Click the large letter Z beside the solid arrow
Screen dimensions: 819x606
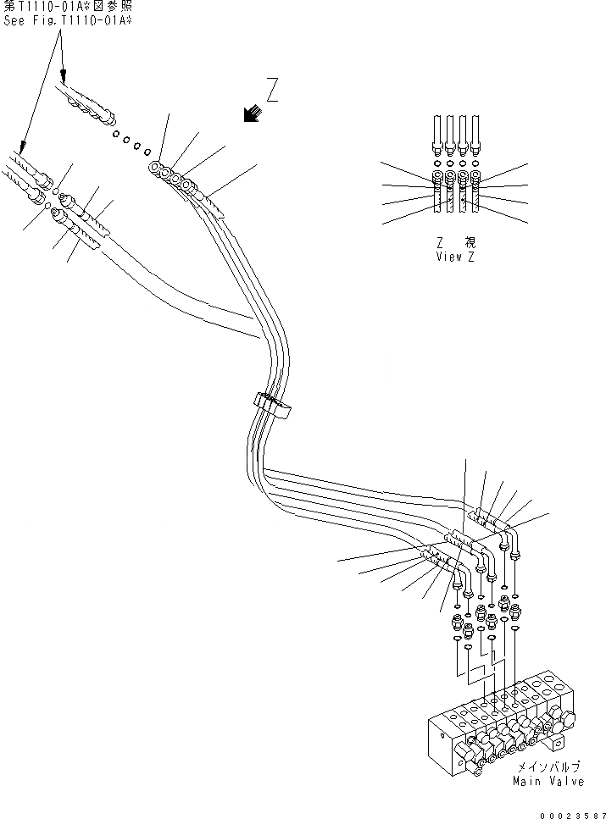pos(271,90)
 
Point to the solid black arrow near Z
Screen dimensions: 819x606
pos(251,113)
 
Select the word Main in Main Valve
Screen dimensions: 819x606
pos(525,781)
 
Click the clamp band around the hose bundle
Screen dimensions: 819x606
pos(271,407)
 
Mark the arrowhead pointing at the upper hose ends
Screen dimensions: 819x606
pos(63,79)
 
